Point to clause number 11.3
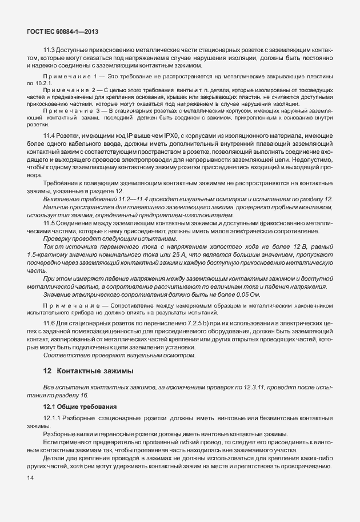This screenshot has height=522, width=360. [x=50, y=50]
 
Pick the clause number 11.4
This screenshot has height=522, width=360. [x=50, y=134]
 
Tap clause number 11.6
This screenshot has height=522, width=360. [x=50, y=323]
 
